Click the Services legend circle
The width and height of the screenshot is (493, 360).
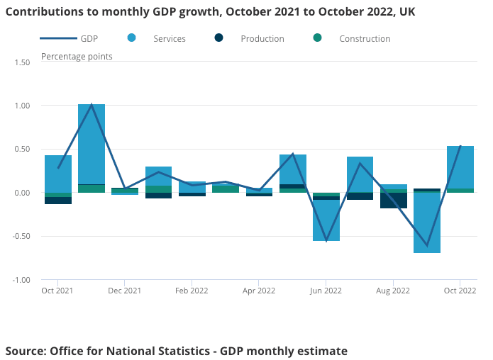pos(132,38)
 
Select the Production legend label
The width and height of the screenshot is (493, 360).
pos(262,39)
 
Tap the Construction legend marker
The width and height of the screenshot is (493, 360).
pos(317,38)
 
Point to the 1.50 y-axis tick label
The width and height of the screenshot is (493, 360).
pos(21,62)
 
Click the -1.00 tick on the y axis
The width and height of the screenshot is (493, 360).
pos(21,280)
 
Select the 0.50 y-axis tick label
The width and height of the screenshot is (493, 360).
pos(21,150)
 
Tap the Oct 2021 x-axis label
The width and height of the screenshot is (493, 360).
pos(57,291)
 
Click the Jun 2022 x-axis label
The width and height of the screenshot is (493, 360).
pos(326,291)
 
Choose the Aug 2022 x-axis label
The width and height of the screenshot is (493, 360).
pos(393,291)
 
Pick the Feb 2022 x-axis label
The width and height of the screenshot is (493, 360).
pos(192,291)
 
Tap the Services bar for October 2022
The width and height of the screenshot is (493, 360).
pos(460,167)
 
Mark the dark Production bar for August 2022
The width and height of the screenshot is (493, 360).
pos(394,201)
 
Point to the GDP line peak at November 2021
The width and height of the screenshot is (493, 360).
pos(92,105)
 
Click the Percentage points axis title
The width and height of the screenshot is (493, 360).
pos(77,57)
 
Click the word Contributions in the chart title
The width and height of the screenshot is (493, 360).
pos(43,12)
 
